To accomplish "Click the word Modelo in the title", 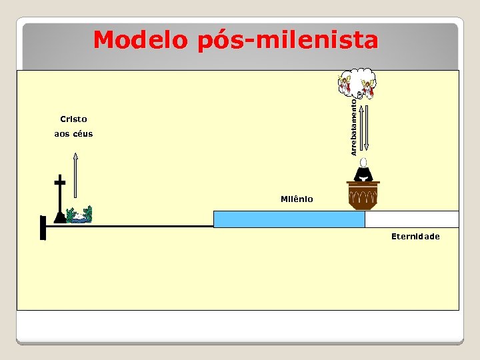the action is click(141, 40).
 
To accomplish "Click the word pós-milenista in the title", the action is click(287, 41).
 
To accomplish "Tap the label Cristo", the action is click(73, 119).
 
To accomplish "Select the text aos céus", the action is click(73, 134).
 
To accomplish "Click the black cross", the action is click(60, 197).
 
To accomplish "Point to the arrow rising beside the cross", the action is click(75, 175).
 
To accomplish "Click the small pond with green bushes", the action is click(80, 215).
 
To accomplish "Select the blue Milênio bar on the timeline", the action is click(289, 219).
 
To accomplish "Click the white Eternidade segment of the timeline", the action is click(411, 219).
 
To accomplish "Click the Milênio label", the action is click(297, 199).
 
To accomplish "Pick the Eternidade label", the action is click(415, 237).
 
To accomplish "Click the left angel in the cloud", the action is click(345, 84).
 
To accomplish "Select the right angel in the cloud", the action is click(367, 88).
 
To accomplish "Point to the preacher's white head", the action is click(363, 162).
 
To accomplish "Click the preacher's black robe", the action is click(363, 174).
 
